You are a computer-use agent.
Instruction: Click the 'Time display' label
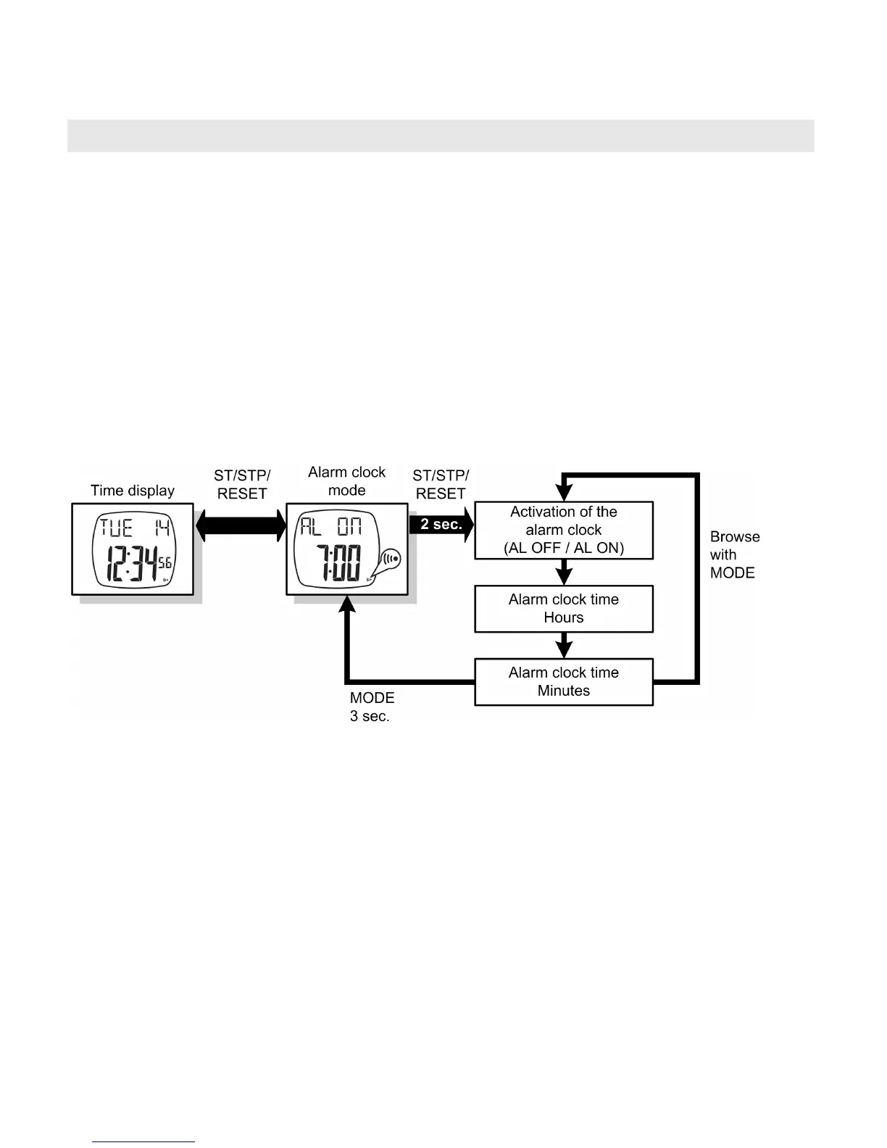pos(133,491)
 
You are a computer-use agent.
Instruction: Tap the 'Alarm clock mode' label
pos(346,481)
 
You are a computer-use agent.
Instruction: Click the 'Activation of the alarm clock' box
pos(563,530)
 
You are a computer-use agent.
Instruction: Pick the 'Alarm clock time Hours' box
pos(563,609)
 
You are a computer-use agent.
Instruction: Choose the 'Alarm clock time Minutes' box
pos(563,681)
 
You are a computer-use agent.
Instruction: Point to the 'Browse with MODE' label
pos(734,554)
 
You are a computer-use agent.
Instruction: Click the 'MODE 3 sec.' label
pos(372,707)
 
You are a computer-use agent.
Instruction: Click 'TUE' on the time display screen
pos(116,527)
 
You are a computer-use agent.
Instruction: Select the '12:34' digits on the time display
pos(131,563)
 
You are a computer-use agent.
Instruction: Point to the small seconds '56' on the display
pos(165,562)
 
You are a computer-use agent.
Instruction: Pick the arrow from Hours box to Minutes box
pos(564,645)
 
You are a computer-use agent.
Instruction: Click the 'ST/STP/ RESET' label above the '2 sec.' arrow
pos(441,484)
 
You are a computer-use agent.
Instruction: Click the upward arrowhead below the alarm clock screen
pos(348,604)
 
